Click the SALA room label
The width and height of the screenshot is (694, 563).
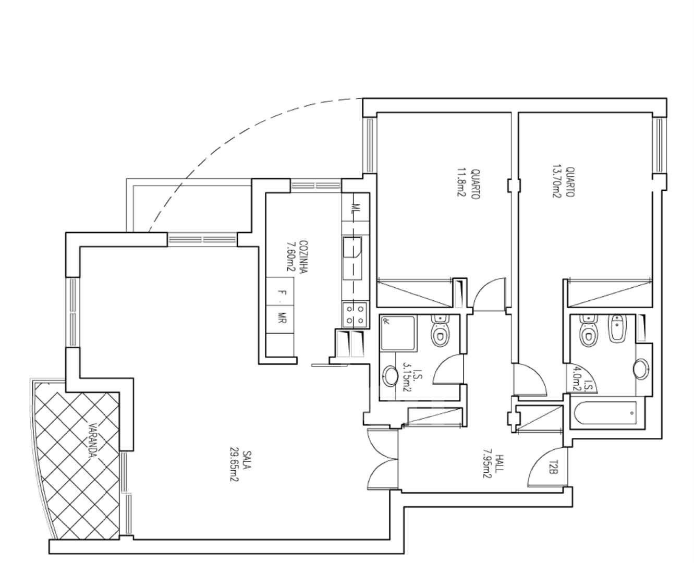click(247, 460)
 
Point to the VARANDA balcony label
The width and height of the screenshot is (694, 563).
click(93, 440)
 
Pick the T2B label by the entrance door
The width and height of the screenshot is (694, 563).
click(551, 471)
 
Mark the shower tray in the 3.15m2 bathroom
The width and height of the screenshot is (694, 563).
click(399, 334)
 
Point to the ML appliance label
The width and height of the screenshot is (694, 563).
click(357, 207)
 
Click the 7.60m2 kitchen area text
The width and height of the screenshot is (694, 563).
click(290, 256)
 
